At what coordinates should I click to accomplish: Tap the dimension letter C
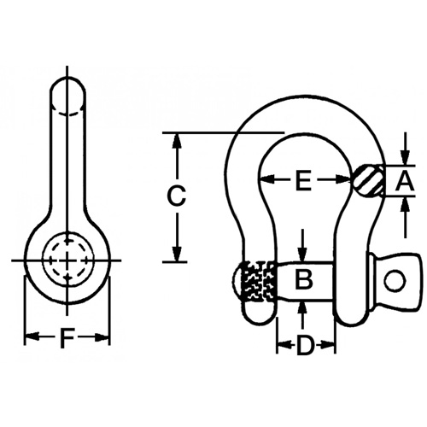point(175,196)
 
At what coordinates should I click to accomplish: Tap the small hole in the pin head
point(394,280)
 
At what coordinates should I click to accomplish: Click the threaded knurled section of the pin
point(260,279)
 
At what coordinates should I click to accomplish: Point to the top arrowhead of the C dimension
point(176,138)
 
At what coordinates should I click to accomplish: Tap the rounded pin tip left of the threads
point(237,279)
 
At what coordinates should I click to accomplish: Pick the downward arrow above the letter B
point(304,254)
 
